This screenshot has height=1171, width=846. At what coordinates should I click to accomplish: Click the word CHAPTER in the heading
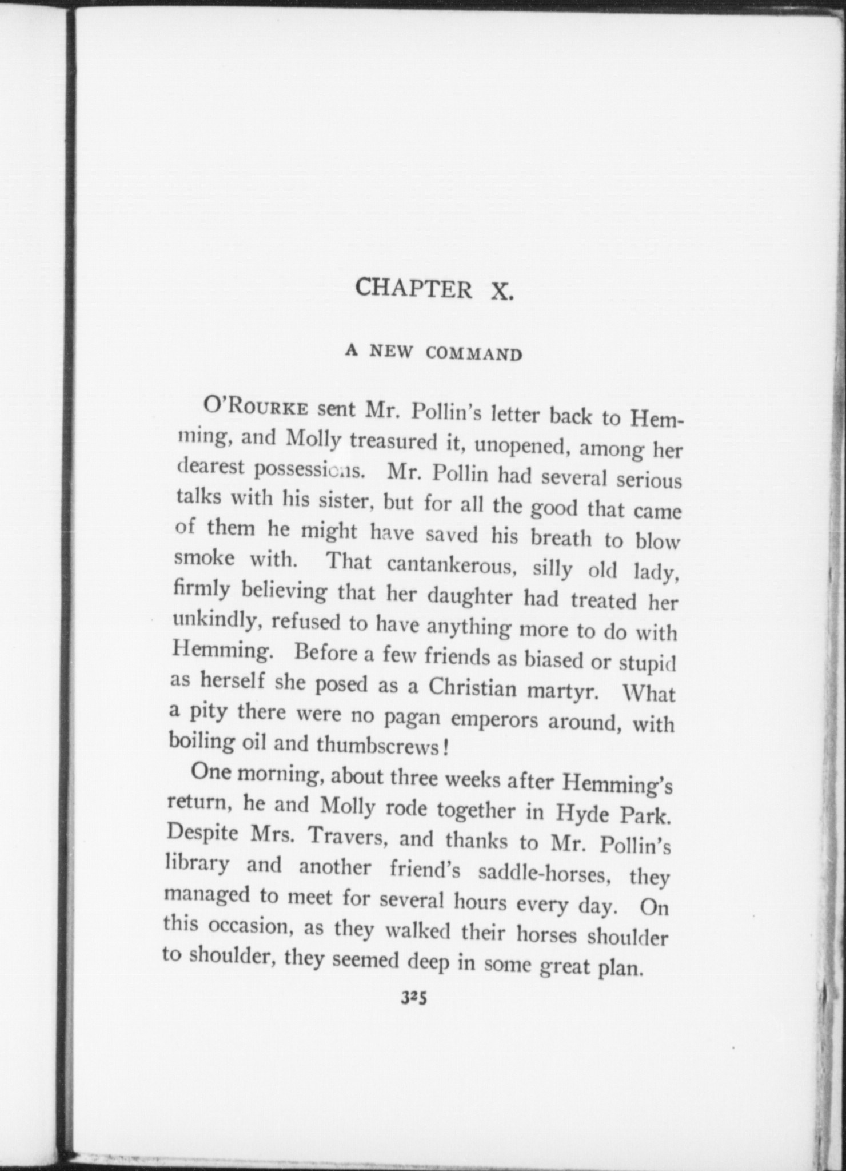(413, 289)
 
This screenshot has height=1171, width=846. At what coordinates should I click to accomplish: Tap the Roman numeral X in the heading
(502, 292)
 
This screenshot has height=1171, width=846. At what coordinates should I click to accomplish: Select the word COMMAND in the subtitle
(474, 354)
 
